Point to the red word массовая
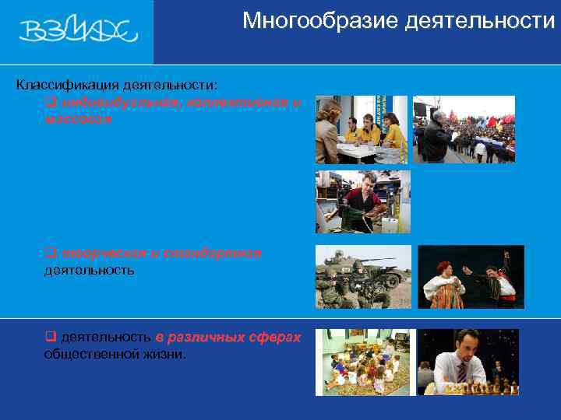click(x=79, y=119)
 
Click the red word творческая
click(x=98, y=254)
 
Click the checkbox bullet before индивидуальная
click(x=49, y=102)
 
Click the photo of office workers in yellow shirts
click(x=362, y=129)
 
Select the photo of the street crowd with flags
click(x=464, y=129)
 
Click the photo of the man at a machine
click(x=362, y=201)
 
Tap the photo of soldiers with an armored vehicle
click(x=362, y=277)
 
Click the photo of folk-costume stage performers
click(x=471, y=277)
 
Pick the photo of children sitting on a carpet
click(x=362, y=362)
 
